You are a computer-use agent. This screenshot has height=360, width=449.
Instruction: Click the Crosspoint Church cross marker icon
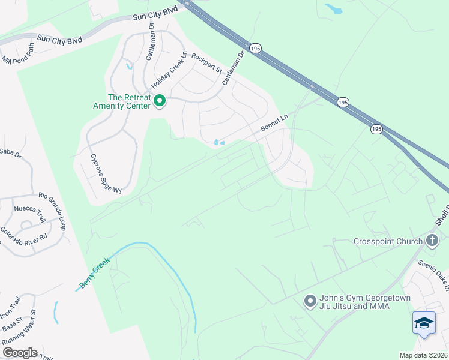[x=432, y=241]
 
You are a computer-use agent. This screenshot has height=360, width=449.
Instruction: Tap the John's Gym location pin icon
[x=310, y=301]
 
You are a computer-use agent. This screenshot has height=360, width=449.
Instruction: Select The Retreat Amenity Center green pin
[x=160, y=101]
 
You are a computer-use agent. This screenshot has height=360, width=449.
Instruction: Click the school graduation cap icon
[x=424, y=323]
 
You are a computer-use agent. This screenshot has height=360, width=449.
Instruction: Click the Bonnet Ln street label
[x=275, y=125]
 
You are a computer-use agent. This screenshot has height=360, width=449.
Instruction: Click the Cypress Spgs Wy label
[x=106, y=173]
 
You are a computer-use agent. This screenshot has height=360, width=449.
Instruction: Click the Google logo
[x=20, y=352]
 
